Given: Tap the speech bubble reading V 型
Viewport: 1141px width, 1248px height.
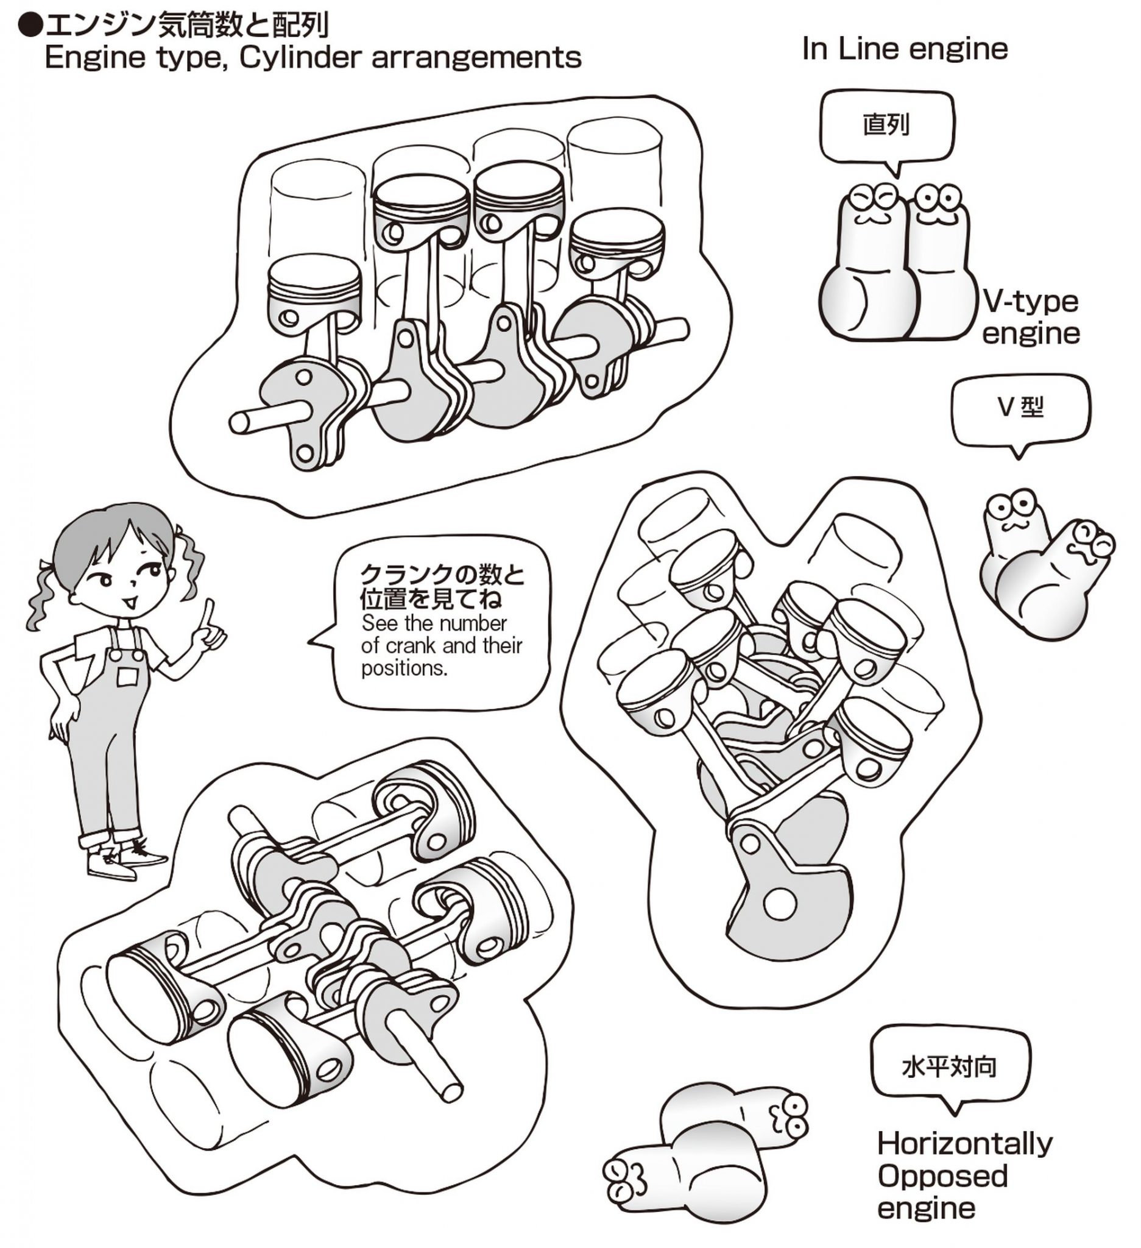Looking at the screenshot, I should click(x=1020, y=408).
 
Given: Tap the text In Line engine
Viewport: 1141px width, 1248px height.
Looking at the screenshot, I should click(x=905, y=49).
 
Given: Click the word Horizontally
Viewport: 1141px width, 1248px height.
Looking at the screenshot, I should click(x=965, y=1143).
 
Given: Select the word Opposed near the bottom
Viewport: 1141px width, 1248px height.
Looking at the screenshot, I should click(x=942, y=1175).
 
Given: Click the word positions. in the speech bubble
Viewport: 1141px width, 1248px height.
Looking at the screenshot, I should click(x=404, y=669).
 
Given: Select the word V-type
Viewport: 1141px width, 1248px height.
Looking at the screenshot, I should click(x=1030, y=302).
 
